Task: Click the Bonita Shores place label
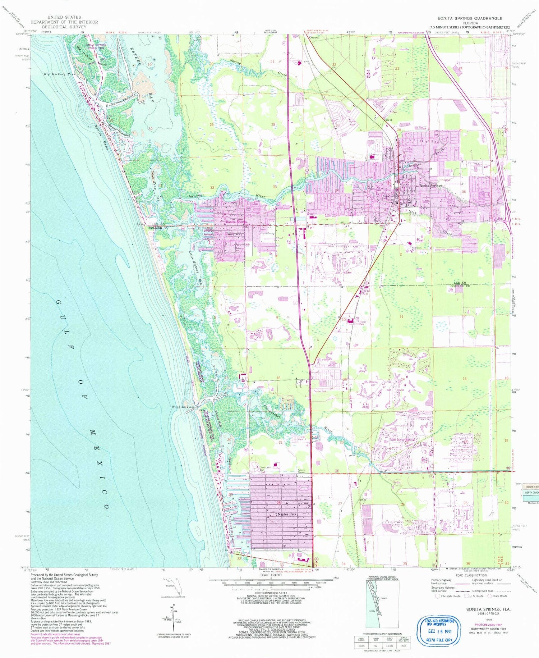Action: [x=236, y=222]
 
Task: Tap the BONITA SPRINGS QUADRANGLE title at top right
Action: [x=470, y=18]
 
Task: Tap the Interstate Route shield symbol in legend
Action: [x=438, y=596]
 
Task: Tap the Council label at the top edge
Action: [x=314, y=37]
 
